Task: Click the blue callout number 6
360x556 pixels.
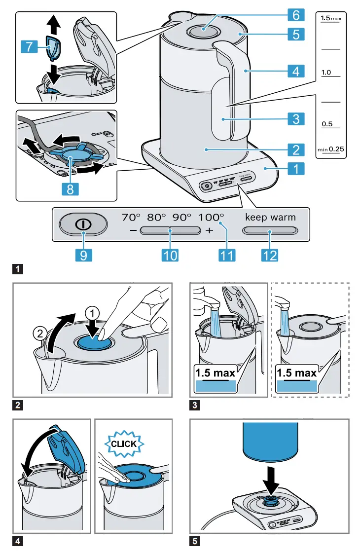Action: tap(295, 15)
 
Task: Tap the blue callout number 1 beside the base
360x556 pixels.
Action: tap(295, 169)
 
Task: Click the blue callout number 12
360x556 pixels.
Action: tap(270, 255)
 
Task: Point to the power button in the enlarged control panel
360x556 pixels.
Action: tap(83, 224)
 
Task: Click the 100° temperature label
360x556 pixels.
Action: tap(212, 217)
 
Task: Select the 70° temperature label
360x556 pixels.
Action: tap(132, 217)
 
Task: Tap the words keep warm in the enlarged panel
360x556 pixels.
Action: tap(271, 217)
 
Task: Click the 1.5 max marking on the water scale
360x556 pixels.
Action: tap(330, 18)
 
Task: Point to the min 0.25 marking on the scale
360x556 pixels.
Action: tap(330, 148)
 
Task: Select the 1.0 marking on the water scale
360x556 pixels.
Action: tap(326, 73)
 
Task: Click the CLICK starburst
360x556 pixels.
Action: tap(124, 444)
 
